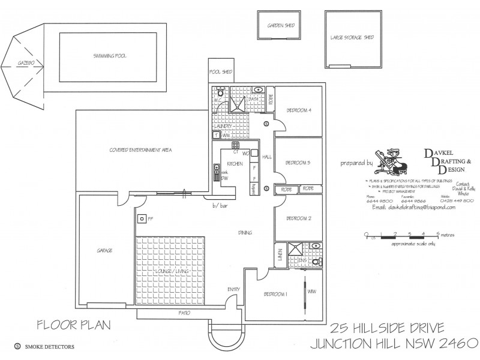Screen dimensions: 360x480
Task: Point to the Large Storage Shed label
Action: (352, 38)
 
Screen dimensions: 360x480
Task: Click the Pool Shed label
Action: (220, 72)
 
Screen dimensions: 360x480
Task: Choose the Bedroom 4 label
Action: (298, 110)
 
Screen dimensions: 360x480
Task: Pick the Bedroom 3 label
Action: (298, 163)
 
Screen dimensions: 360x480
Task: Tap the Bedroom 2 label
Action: (298, 218)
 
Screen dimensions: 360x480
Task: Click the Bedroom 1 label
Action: (275, 294)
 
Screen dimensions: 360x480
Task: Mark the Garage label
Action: (104, 250)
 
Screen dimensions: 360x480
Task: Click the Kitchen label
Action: (235, 163)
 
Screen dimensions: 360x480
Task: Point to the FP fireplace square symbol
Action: (142, 218)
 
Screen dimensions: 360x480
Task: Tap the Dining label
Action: (244, 233)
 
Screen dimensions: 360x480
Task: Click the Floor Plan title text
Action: (74, 326)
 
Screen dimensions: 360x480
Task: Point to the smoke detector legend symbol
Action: (17, 346)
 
